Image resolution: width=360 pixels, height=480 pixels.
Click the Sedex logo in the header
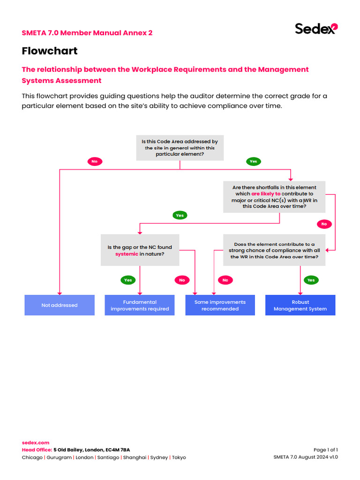point(316,29)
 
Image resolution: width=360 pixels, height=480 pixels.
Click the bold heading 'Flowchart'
point(50,51)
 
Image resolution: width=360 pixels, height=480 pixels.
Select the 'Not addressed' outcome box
point(60,305)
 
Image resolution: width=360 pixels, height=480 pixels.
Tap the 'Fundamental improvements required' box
point(140,305)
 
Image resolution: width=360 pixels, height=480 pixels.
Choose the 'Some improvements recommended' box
point(220,305)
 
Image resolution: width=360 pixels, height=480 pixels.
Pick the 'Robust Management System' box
point(300,305)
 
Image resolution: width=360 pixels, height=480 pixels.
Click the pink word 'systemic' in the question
point(127,254)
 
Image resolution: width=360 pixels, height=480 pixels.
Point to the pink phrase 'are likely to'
point(266,194)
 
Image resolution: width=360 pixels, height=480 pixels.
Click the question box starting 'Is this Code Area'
point(180,148)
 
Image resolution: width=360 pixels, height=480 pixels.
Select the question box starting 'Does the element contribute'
point(274,250)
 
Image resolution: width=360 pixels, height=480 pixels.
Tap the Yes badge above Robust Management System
point(311,280)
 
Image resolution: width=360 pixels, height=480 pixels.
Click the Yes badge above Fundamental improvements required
point(128,280)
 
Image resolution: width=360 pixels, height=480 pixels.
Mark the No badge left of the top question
point(94,161)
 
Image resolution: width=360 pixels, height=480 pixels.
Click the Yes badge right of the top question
point(253,161)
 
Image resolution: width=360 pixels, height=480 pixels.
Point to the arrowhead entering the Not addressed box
point(60,292)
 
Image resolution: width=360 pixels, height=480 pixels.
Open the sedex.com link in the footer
point(36,442)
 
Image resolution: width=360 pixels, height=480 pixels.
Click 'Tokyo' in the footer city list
point(179,457)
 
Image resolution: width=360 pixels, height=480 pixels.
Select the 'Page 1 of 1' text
point(325,450)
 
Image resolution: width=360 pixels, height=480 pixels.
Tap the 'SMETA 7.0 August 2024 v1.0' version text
point(305,457)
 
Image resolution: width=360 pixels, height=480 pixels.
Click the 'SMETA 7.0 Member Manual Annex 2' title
point(87,33)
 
